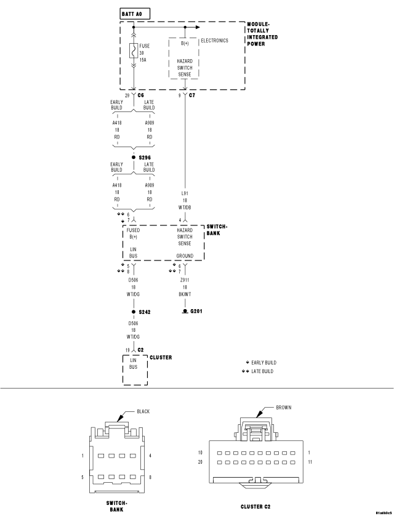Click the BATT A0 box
click(x=135, y=14)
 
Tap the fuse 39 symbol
click(x=134, y=50)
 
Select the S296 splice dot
click(x=134, y=157)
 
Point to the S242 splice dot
click(x=134, y=312)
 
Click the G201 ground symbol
click(x=185, y=312)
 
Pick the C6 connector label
click(x=141, y=95)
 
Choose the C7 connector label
click(x=192, y=95)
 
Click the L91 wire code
click(x=185, y=193)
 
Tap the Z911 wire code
click(x=185, y=280)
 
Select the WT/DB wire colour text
click(x=185, y=208)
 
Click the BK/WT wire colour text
click(x=185, y=294)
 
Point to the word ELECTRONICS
click(x=214, y=41)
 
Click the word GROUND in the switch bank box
click(x=185, y=256)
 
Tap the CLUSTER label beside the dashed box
click(x=161, y=357)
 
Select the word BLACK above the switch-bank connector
click(x=143, y=411)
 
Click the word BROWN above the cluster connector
click(x=284, y=408)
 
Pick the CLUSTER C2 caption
click(x=255, y=507)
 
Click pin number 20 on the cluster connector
click(x=200, y=462)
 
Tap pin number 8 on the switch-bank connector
click(x=150, y=477)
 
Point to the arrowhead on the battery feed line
click(x=198, y=27)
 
